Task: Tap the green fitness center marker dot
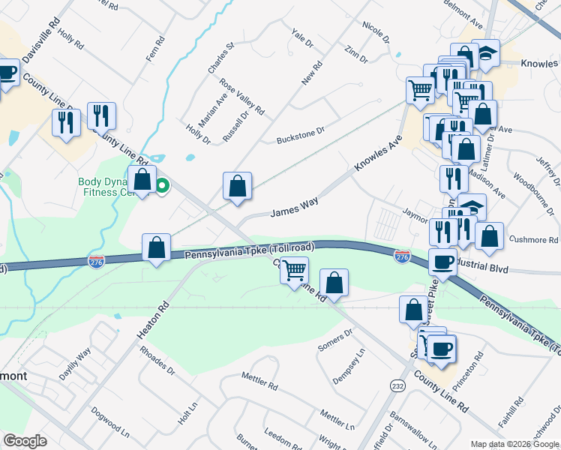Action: click(161, 187)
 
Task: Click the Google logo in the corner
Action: click(25, 441)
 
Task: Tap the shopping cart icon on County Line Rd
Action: click(295, 269)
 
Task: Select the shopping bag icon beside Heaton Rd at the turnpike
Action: click(156, 247)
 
